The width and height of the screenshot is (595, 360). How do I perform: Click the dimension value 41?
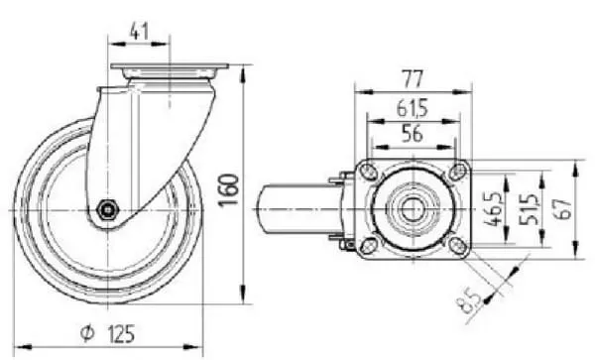[139, 32]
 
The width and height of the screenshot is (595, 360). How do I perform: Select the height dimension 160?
[228, 189]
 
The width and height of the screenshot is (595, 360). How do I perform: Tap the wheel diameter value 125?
[121, 334]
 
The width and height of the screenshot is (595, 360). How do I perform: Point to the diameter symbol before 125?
[87, 333]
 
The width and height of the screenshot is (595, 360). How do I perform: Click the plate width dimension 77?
[413, 79]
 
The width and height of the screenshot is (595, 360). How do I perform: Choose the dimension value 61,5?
[413, 108]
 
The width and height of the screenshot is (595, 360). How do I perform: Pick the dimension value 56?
[413, 134]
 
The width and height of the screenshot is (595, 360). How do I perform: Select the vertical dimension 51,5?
[528, 209]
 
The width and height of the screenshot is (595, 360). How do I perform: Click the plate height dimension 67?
[564, 209]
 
